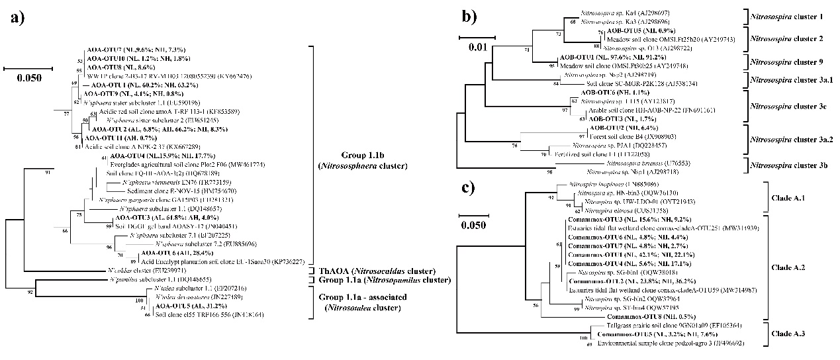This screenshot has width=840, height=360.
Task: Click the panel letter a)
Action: click(x=19, y=18)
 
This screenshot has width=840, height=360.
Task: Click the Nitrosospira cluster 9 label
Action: click(x=787, y=62)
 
